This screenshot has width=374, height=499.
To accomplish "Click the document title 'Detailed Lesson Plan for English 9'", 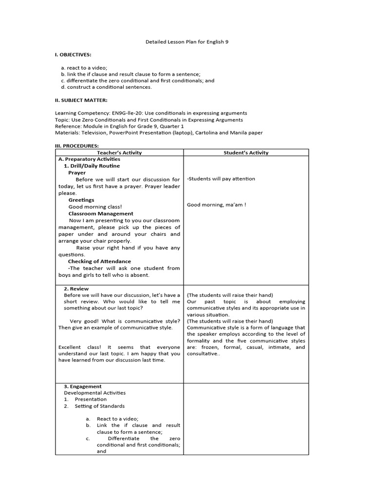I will tap(187, 42).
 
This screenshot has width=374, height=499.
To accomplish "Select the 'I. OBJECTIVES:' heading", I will tap(72, 55).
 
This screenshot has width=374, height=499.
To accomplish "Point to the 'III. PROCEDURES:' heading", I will tap(76, 146).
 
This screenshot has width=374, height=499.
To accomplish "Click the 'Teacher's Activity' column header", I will tap(119, 153).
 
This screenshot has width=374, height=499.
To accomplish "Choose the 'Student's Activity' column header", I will tap(246, 153).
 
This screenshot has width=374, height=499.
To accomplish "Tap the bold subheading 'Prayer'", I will tap(77, 173).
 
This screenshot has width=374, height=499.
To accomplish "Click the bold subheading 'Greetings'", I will tap(81, 200).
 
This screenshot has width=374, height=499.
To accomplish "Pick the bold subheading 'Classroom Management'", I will tap(100, 213).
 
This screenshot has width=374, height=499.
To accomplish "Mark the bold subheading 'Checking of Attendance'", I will tap(99, 261).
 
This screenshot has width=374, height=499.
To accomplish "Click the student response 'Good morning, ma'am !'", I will tap(216, 205).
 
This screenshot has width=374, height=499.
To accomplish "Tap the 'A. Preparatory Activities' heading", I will tap(89, 159).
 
